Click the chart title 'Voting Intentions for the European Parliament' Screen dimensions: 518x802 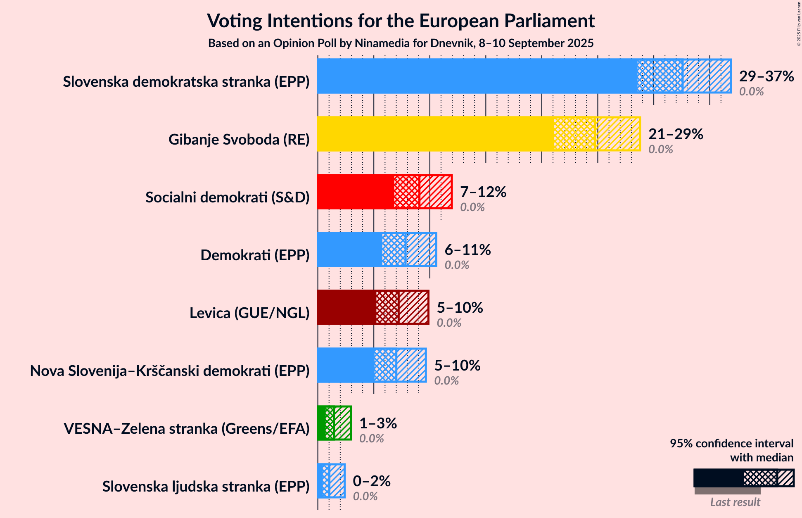401,21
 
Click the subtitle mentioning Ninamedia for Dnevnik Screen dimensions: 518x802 401,43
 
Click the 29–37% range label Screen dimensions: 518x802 766,76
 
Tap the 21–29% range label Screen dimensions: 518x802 676,134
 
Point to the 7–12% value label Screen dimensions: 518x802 483,192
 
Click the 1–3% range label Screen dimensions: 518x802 378,423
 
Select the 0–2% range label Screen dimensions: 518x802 372,481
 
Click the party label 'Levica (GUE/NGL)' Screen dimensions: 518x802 249,313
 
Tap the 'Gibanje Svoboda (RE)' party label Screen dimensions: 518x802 239,140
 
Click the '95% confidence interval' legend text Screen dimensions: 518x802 731,444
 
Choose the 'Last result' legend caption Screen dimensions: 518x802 735,502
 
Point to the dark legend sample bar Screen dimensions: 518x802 719,478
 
